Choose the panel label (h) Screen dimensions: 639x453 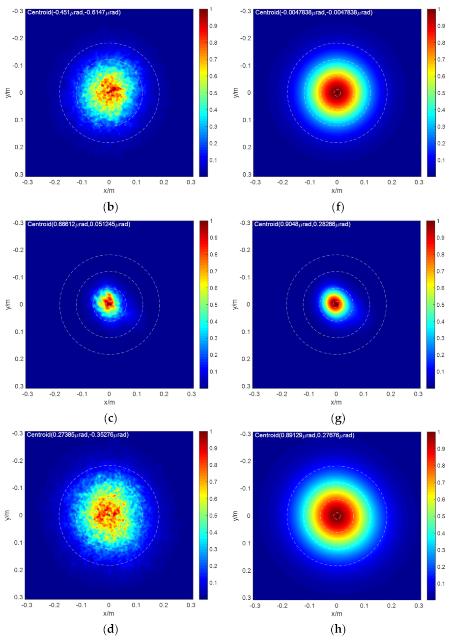(x=338, y=631)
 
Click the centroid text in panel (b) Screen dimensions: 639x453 (x=74, y=12)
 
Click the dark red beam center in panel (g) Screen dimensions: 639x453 (x=336, y=304)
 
